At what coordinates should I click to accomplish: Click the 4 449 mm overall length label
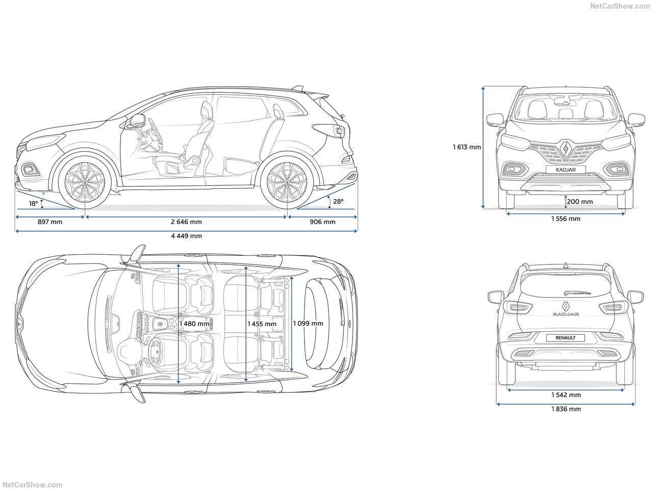186,236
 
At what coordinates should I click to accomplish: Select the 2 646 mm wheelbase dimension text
186,222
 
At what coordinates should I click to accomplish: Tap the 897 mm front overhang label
50,222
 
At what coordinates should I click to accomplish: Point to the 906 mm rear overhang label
322,222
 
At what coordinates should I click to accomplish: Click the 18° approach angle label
34,204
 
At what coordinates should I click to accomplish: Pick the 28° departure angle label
338,202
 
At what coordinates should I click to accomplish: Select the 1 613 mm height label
467,148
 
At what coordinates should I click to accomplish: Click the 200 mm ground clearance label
580,202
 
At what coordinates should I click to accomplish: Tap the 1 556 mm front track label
565,219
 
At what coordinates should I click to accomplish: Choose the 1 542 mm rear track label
566,395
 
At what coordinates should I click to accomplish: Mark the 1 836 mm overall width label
566,409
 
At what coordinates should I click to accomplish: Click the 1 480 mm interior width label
194,324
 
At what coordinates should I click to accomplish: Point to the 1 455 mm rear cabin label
262,324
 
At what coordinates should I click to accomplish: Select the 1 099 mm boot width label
308,323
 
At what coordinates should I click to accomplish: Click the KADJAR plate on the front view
565,169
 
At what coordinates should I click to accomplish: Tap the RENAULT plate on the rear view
565,337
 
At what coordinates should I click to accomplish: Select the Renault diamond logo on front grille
565,149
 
